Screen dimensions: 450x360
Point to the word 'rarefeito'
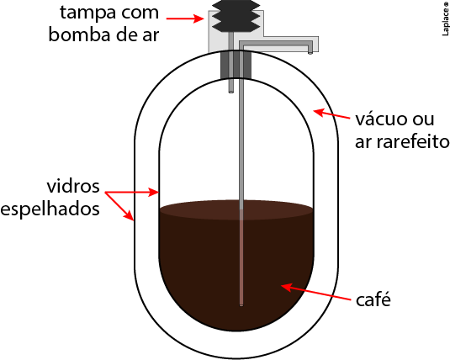pos(413,142)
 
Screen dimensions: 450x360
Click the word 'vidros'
pos(73,186)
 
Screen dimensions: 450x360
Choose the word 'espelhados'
pos(50,209)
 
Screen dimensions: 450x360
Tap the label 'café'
pos(373,299)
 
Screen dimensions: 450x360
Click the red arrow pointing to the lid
pos(185,19)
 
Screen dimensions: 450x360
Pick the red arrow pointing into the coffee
pos(315,292)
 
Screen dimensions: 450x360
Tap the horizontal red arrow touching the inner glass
pos(132,192)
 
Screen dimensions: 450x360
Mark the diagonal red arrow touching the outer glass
pos(119,206)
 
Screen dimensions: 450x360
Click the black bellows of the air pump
pos(236,16)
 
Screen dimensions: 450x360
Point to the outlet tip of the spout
pos(310,53)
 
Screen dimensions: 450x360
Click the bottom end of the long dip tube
pos(241,305)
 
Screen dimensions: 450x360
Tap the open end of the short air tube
pos(231,92)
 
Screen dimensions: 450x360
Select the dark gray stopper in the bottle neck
pos(236,65)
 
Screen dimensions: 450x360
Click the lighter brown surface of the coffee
pos(236,210)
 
